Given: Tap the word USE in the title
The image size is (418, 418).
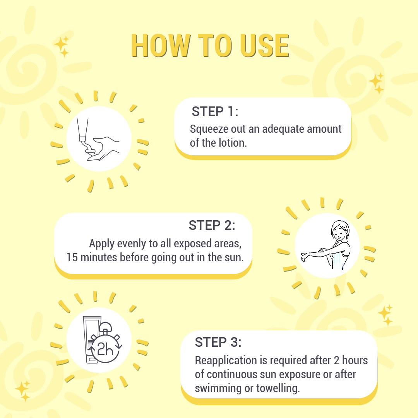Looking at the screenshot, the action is [x=264, y=46].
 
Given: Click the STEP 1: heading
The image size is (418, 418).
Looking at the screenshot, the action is [x=215, y=111].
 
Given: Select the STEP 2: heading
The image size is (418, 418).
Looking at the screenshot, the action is [x=212, y=225].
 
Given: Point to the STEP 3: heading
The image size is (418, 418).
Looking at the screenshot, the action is [x=218, y=342].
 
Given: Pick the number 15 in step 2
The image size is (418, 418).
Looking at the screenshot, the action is [x=72, y=257].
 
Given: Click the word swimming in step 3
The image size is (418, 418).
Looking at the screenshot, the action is [x=218, y=389].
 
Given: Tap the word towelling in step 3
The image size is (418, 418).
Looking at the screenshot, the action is [x=278, y=389].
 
